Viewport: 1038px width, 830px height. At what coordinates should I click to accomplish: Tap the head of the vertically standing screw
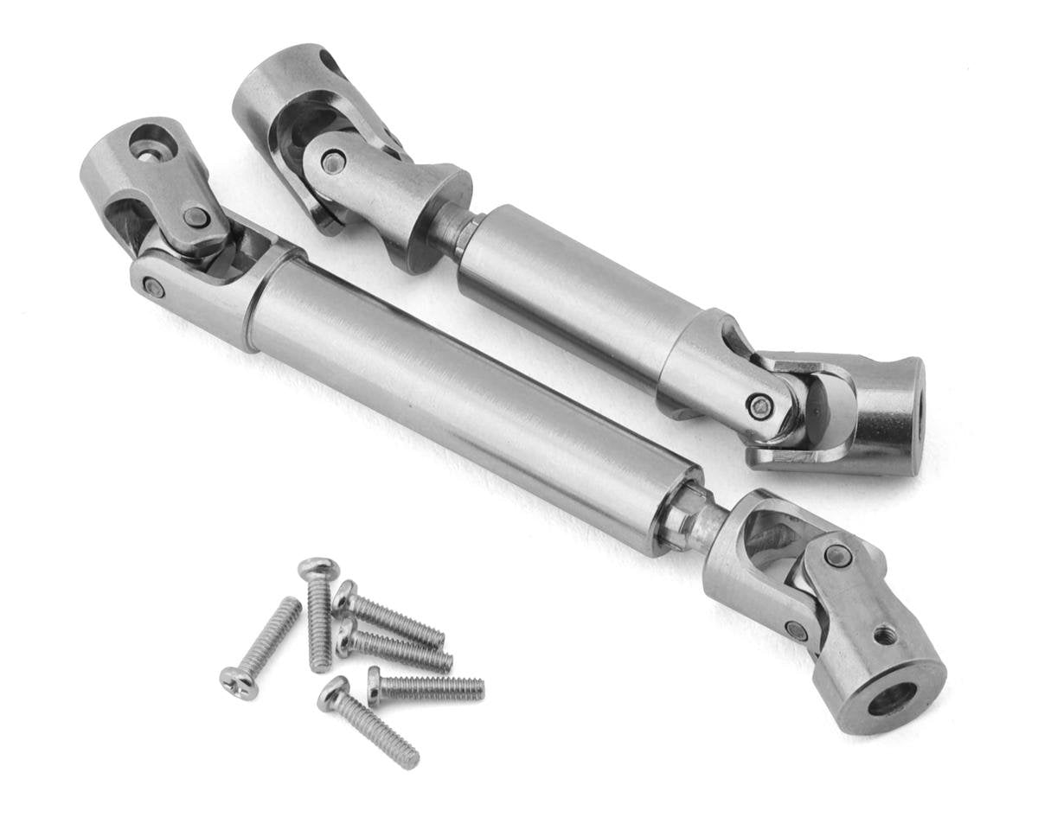coord(318,569)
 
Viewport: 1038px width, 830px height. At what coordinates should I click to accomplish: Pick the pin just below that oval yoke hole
coord(195,216)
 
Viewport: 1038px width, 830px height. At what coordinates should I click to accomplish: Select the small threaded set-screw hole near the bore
coord(882,637)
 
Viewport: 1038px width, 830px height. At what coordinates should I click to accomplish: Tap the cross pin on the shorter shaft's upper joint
coord(333,162)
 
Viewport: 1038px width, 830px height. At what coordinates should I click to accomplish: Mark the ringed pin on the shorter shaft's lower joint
coord(760,405)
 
